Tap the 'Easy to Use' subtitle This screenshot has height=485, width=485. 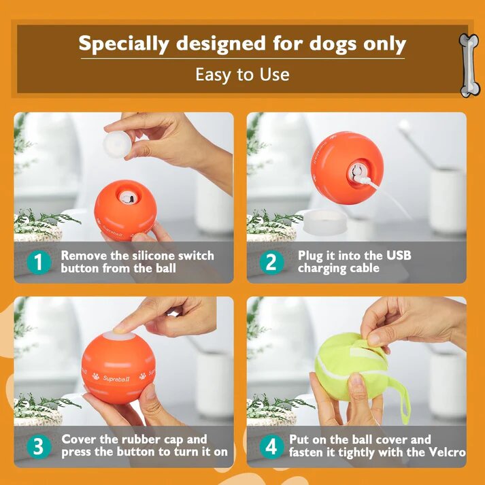click(x=242, y=74)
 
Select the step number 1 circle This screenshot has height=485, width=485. click(x=38, y=262)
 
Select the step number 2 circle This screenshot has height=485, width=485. click(x=271, y=262)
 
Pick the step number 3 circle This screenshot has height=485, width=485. click(x=38, y=446)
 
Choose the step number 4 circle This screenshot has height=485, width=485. click(x=271, y=446)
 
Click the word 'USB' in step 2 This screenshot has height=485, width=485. click(x=395, y=256)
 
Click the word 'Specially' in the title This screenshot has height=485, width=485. click(x=124, y=44)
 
